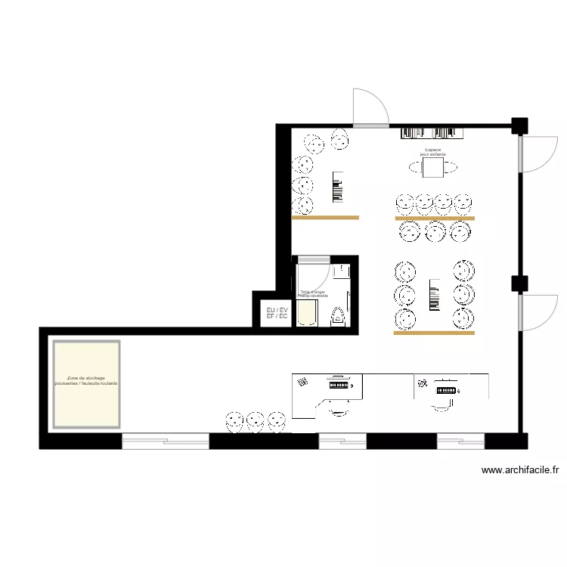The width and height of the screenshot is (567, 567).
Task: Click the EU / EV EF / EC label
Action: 277,313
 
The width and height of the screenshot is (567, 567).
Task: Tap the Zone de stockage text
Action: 86,381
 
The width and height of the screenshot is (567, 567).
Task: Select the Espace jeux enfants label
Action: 433,152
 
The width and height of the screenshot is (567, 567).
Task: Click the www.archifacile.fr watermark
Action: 521,470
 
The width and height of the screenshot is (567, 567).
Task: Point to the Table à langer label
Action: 313,293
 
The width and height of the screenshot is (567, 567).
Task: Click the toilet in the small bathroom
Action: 338,316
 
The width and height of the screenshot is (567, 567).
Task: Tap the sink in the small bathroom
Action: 341,270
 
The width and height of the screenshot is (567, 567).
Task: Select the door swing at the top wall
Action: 370,107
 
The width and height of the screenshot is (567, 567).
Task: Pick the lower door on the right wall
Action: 535,311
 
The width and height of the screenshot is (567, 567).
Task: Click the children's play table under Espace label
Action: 434,168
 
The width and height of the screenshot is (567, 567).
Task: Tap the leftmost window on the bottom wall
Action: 166,441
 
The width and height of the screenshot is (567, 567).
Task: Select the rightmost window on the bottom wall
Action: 459,441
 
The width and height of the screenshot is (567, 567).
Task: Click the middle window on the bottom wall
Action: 342,441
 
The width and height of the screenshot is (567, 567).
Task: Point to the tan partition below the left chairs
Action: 325,218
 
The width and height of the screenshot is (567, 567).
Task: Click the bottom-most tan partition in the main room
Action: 434,333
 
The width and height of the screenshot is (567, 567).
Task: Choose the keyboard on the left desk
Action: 338,385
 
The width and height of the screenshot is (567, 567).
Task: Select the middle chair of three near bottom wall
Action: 255,420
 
